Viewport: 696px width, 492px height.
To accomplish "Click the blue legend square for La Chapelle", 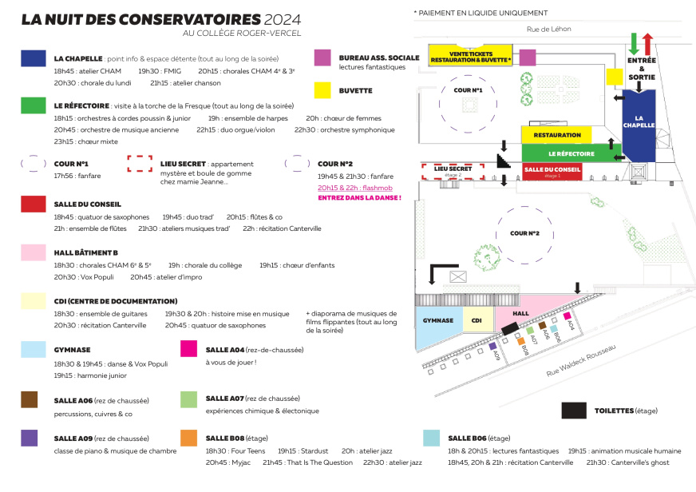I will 33,58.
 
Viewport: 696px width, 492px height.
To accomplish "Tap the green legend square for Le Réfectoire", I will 33,105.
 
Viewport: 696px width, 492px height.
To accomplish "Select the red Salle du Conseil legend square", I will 33,204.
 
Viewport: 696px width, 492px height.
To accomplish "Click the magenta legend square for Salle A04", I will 189,348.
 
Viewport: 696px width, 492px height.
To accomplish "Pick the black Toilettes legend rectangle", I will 574,411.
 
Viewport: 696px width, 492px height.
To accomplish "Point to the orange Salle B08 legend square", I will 189,438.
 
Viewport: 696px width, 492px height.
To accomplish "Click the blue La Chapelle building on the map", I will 639,125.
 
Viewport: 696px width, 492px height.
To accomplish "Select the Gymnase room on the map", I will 437,321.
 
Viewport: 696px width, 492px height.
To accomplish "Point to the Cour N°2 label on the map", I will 525,233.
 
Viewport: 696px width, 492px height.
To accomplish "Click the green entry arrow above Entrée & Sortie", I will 634,43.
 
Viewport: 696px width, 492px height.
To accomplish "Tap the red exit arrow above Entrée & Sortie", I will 648,43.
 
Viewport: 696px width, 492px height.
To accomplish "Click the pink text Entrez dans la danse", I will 359,197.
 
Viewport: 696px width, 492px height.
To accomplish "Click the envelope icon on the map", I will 457,276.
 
